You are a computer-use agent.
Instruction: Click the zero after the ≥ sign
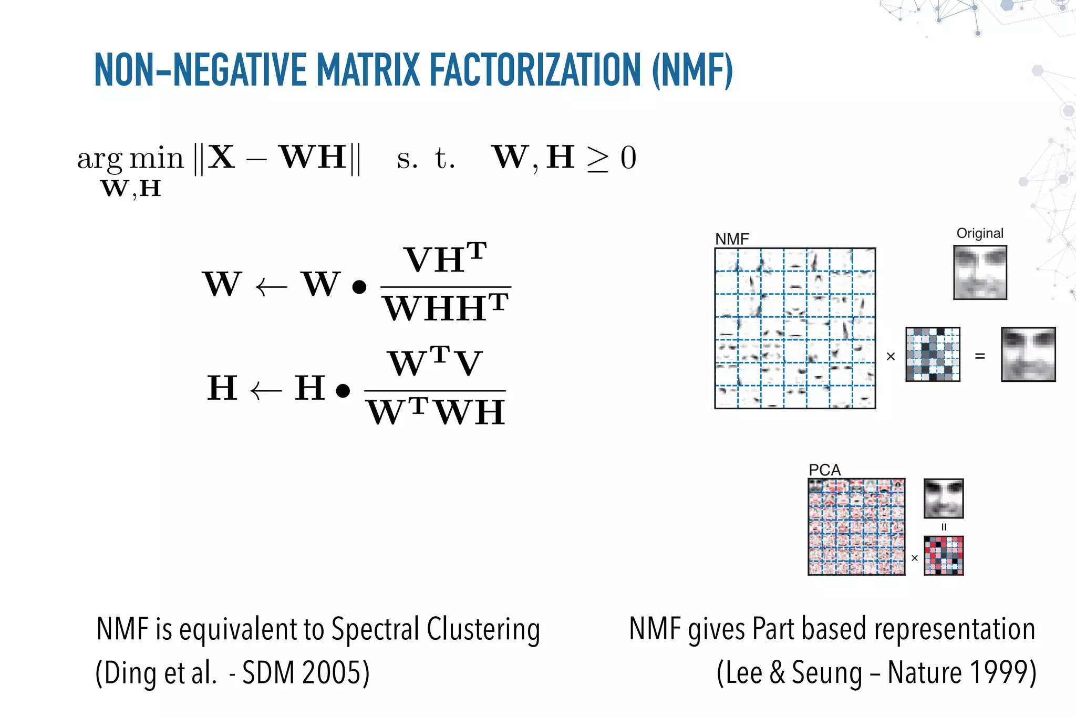click(x=628, y=158)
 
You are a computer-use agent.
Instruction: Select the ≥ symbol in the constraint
click(x=597, y=160)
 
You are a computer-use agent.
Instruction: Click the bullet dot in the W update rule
click(x=359, y=287)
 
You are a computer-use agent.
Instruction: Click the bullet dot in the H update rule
click(x=343, y=391)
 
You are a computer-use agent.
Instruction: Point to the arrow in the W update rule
click(x=272, y=287)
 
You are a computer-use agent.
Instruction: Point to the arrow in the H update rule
click(x=266, y=391)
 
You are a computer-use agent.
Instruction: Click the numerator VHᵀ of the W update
click(x=445, y=259)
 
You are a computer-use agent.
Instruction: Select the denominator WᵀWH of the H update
click(x=436, y=412)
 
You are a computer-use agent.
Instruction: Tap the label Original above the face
click(x=980, y=233)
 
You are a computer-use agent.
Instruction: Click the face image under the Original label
click(x=980, y=272)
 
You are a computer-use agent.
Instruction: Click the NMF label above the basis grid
click(x=732, y=239)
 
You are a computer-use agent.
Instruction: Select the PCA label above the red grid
click(x=824, y=470)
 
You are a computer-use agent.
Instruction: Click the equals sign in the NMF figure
click(x=980, y=356)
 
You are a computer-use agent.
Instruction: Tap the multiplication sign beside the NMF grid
click(x=891, y=357)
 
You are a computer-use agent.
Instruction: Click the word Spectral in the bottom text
click(x=375, y=629)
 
